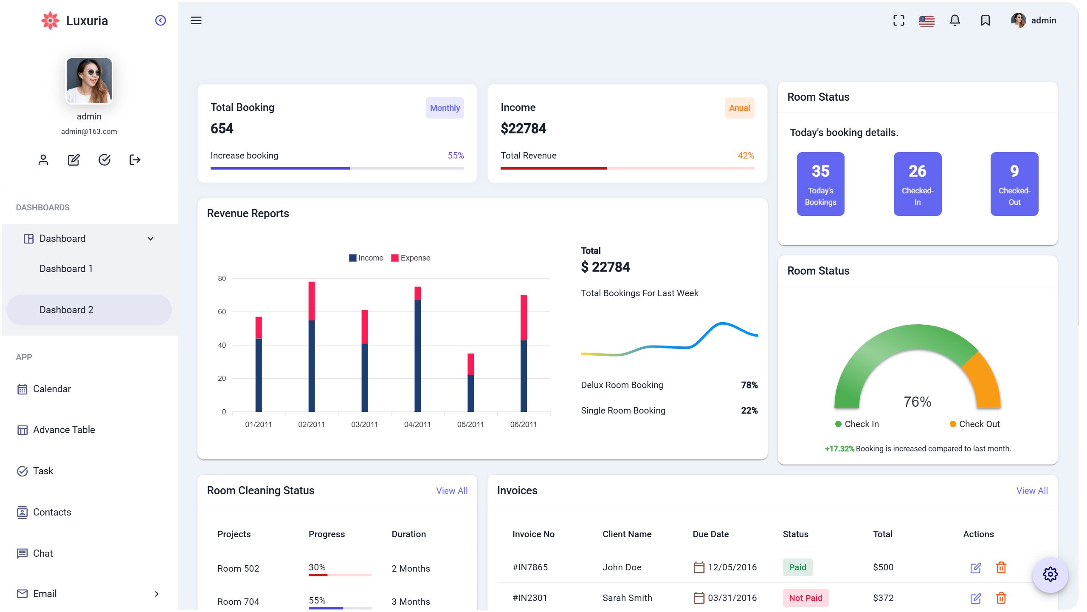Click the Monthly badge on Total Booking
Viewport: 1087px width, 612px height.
click(445, 108)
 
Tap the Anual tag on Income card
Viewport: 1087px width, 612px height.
click(739, 108)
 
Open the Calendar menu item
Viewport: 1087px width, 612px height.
click(51, 389)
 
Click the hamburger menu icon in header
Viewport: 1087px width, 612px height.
click(196, 20)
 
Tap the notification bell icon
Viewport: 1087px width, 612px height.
click(955, 20)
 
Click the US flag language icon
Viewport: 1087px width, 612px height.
click(926, 21)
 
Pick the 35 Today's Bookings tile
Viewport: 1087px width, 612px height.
click(820, 184)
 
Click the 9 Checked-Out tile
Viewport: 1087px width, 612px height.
click(1014, 184)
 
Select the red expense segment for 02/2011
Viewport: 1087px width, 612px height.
click(312, 300)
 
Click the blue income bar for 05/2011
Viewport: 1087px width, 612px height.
click(470, 393)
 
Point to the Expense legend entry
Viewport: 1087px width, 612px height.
click(411, 258)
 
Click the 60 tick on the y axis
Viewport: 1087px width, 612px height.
click(222, 312)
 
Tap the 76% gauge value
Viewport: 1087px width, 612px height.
click(917, 402)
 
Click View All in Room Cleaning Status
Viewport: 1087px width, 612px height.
click(451, 491)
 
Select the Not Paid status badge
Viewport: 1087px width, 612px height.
click(805, 598)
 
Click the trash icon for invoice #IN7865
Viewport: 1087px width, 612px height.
click(1001, 567)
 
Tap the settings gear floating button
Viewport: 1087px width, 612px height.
click(1050, 574)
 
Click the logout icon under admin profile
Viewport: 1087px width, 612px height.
click(135, 160)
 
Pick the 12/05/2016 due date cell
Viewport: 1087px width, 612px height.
click(732, 567)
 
